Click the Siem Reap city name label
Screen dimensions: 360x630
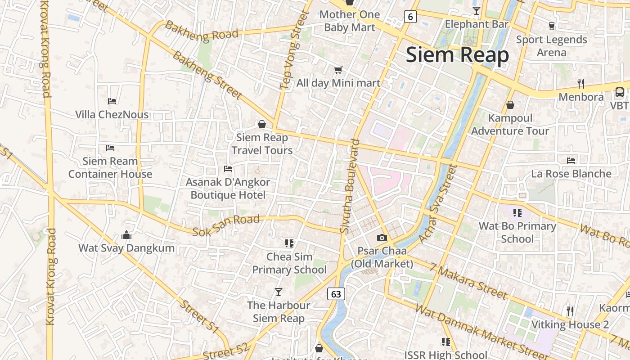click(x=457, y=55)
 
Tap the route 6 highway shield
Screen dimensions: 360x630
click(x=410, y=17)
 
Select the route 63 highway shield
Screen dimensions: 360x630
click(x=336, y=294)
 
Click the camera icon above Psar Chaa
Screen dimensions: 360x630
click(x=382, y=238)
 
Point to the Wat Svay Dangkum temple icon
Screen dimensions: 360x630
click(x=126, y=235)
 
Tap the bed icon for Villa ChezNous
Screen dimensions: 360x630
click(x=112, y=101)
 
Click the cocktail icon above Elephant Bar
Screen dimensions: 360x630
click(x=476, y=10)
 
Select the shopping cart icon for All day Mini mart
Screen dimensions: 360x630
click(x=338, y=70)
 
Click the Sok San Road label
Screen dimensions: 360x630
click(x=226, y=225)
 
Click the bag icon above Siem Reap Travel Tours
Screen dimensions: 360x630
click(x=262, y=124)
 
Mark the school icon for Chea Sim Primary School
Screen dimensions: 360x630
click(x=289, y=243)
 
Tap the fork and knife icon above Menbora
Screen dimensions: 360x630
click(x=581, y=83)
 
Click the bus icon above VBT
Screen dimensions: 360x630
click(x=620, y=92)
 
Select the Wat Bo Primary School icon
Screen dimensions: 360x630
click(x=517, y=212)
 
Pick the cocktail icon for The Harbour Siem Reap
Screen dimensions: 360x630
click(x=279, y=292)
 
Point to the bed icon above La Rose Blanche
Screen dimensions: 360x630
click(x=571, y=160)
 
